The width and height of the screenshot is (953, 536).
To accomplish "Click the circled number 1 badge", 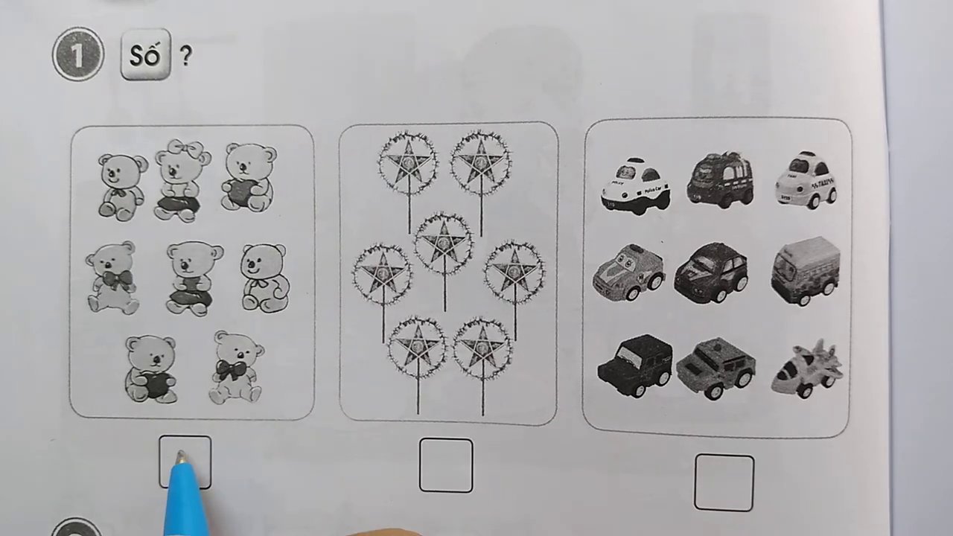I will [78, 54].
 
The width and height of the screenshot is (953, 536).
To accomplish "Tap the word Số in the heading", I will [145, 55].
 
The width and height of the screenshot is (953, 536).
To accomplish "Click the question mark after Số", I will [185, 56].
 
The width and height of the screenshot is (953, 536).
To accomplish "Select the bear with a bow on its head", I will [179, 180].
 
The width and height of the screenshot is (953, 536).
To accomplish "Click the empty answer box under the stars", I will [445, 465].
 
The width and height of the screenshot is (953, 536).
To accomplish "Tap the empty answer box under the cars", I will [724, 482].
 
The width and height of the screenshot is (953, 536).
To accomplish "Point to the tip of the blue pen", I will [179, 459].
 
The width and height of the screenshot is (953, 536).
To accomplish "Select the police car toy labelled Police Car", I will [635, 185].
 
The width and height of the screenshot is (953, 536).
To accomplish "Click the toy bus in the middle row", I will [806, 270].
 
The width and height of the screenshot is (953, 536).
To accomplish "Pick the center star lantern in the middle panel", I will [444, 244].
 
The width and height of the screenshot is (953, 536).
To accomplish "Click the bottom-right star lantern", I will [482, 348].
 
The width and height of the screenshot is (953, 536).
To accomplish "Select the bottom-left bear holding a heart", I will [151, 368].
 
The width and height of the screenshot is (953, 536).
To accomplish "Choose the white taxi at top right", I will [806, 179].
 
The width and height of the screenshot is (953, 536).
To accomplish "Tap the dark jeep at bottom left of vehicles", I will [634, 365].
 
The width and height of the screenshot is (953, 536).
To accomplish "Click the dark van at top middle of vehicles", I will [720, 179].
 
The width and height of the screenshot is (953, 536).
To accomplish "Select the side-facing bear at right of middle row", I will [264, 278].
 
